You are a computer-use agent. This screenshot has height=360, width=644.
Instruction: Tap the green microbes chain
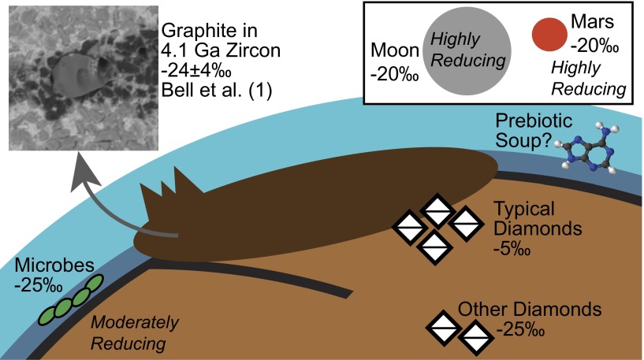72,299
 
